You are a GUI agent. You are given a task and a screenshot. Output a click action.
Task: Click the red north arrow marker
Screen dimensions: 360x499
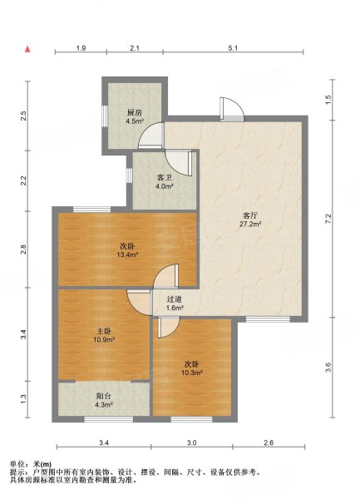coord(27,49)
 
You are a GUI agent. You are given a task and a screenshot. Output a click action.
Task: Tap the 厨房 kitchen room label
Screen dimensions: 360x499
coord(134,112)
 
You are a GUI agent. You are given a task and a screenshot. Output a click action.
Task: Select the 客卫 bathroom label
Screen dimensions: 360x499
coord(164,178)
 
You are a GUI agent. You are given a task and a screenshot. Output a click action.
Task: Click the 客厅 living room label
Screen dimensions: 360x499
coord(250,215)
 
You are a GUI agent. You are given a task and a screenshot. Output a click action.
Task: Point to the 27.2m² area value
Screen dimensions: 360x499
coord(250,224)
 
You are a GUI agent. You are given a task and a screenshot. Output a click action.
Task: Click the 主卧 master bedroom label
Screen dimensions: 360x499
coord(104,331)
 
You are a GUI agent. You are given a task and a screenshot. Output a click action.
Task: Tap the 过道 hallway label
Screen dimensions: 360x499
coord(175,299)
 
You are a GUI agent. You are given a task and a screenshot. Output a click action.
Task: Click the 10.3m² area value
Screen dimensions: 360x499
coord(192,373)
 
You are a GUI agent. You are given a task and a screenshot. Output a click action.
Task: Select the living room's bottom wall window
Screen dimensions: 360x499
coord(268,319)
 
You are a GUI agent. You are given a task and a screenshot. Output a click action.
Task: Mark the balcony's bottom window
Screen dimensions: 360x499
coord(109,419)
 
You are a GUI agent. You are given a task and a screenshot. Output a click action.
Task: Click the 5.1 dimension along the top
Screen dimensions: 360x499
coord(233,48)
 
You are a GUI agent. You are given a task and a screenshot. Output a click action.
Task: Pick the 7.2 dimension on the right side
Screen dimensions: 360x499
coord(329,219)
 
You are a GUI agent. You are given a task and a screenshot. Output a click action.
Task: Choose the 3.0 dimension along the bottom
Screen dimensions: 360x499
coord(192,442)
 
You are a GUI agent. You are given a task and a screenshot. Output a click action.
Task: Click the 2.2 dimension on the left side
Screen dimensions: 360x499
coord(23,180)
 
